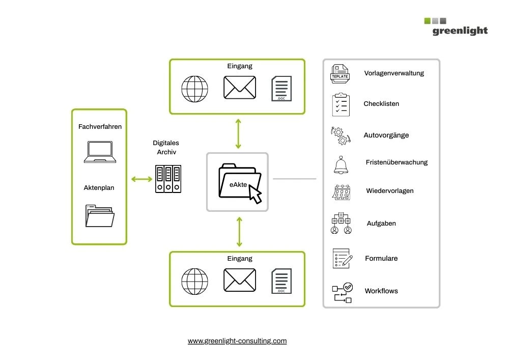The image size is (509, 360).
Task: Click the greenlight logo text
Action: (460, 31)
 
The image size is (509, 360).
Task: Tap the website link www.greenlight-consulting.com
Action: (237, 341)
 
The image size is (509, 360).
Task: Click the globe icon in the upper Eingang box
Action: (195, 89)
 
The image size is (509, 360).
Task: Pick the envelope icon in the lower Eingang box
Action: (240, 280)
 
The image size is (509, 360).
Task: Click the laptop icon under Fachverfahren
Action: (100, 152)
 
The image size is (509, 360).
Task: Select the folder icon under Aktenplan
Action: (100, 215)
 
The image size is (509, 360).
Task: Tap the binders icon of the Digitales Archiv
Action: (168, 179)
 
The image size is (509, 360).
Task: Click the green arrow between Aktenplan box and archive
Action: (142, 179)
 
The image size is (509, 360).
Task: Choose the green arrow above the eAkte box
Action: (238, 133)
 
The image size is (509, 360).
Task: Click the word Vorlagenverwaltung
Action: (394, 73)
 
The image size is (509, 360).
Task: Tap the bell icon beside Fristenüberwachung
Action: (341, 164)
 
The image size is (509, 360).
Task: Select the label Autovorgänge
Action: (386, 135)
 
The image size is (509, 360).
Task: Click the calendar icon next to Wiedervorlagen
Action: (341, 192)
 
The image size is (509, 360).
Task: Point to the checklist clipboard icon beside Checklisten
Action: (341, 105)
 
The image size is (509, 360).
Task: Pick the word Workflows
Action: (381, 291)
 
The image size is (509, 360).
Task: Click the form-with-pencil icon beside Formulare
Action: (342, 259)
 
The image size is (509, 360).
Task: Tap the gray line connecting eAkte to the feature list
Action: (294, 179)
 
